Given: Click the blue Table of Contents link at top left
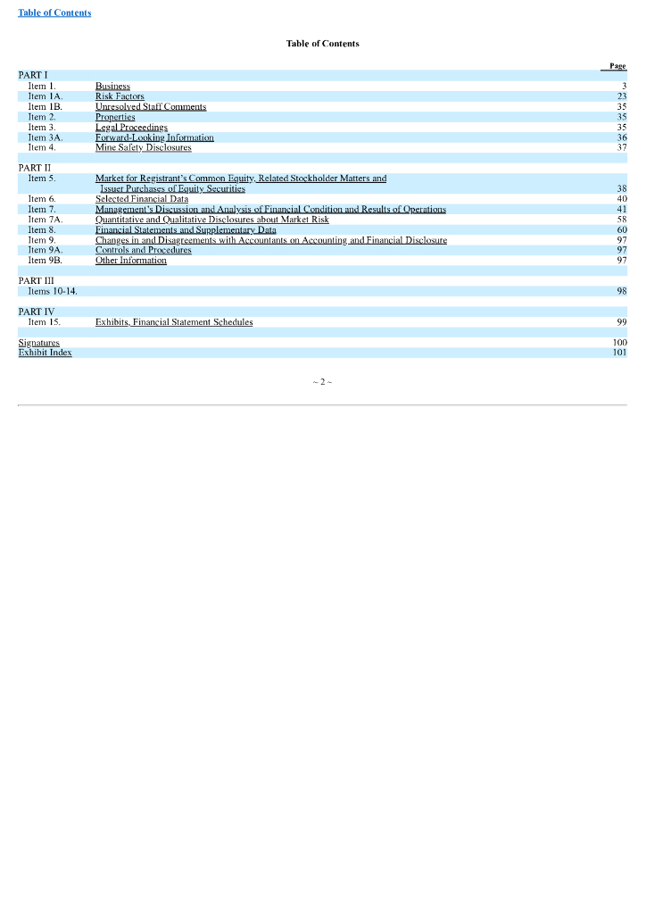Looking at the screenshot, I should [x=54, y=12].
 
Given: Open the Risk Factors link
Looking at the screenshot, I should [x=120, y=96].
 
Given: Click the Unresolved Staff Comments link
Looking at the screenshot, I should [x=151, y=106].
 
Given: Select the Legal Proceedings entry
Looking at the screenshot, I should [x=131, y=128].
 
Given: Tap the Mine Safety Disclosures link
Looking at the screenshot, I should [x=143, y=148].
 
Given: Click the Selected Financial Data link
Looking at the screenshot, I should [x=142, y=199].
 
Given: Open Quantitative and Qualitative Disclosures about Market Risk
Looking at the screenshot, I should [x=212, y=220].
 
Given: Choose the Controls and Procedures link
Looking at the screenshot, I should [x=144, y=250].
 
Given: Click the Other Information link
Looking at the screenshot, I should [x=131, y=261].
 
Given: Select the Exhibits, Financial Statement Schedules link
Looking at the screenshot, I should [x=174, y=322].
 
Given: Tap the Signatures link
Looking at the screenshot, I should [x=39, y=343].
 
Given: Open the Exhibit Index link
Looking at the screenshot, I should [x=46, y=353].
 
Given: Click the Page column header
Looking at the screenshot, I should [x=617, y=65].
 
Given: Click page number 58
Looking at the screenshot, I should [x=622, y=220].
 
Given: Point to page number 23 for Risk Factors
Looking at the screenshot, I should [x=622, y=96].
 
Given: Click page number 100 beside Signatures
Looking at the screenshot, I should [x=620, y=343].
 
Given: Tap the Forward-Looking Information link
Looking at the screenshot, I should [x=154, y=137].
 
